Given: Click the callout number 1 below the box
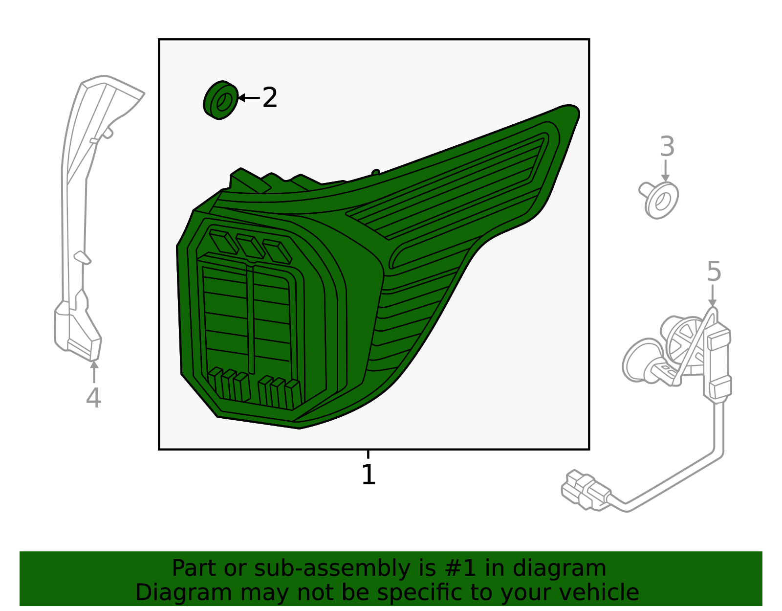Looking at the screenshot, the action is click(x=368, y=474).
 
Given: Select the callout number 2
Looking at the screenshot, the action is click(x=269, y=97).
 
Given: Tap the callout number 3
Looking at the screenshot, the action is click(x=667, y=147).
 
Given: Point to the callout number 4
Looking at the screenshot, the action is click(x=93, y=398).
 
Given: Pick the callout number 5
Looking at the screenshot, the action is click(x=714, y=271).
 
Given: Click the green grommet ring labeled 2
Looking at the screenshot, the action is click(x=220, y=100).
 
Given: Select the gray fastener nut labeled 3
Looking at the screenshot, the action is click(x=659, y=200).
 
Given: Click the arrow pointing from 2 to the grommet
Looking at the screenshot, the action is click(x=249, y=97).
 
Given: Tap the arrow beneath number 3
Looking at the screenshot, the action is click(x=665, y=171).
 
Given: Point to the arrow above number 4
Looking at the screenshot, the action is click(x=94, y=372).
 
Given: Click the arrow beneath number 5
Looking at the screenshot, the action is click(x=713, y=295).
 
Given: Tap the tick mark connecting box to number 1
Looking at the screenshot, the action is click(x=368, y=454).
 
